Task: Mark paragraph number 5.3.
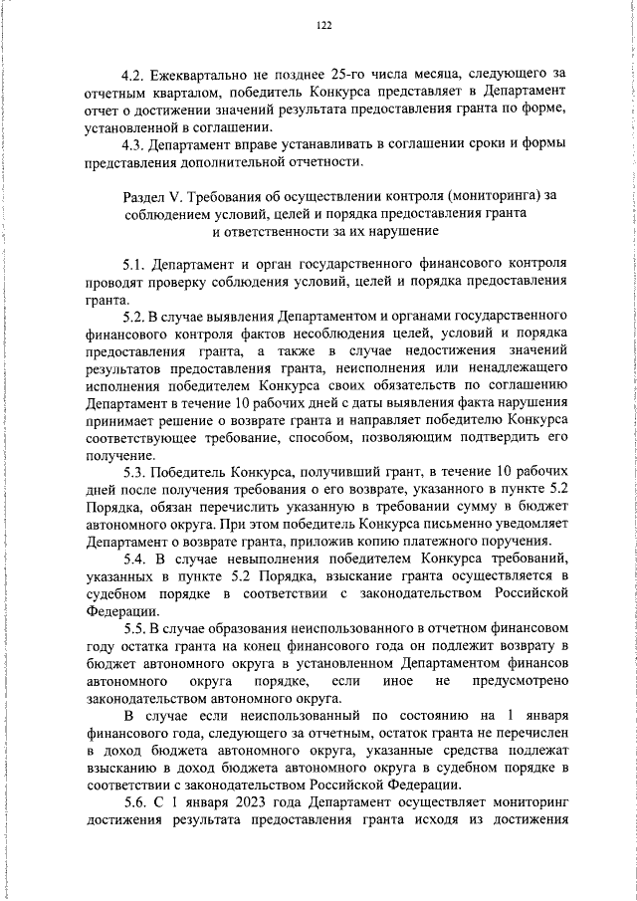click(135, 472)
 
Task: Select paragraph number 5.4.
click(135, 560)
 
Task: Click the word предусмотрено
click(525, 680)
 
